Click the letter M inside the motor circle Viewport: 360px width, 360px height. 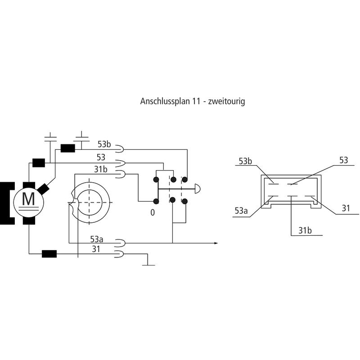click(x=28, y=198)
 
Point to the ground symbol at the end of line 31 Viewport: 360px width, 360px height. click(x=148, y=265)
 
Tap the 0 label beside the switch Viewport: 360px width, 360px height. click(x=153, y=212)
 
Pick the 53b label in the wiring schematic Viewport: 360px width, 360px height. click(x=104, y=145)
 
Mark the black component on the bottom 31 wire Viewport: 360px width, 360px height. click(x=49, y=254)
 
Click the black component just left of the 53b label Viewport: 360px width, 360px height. click(x=67, y=148)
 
